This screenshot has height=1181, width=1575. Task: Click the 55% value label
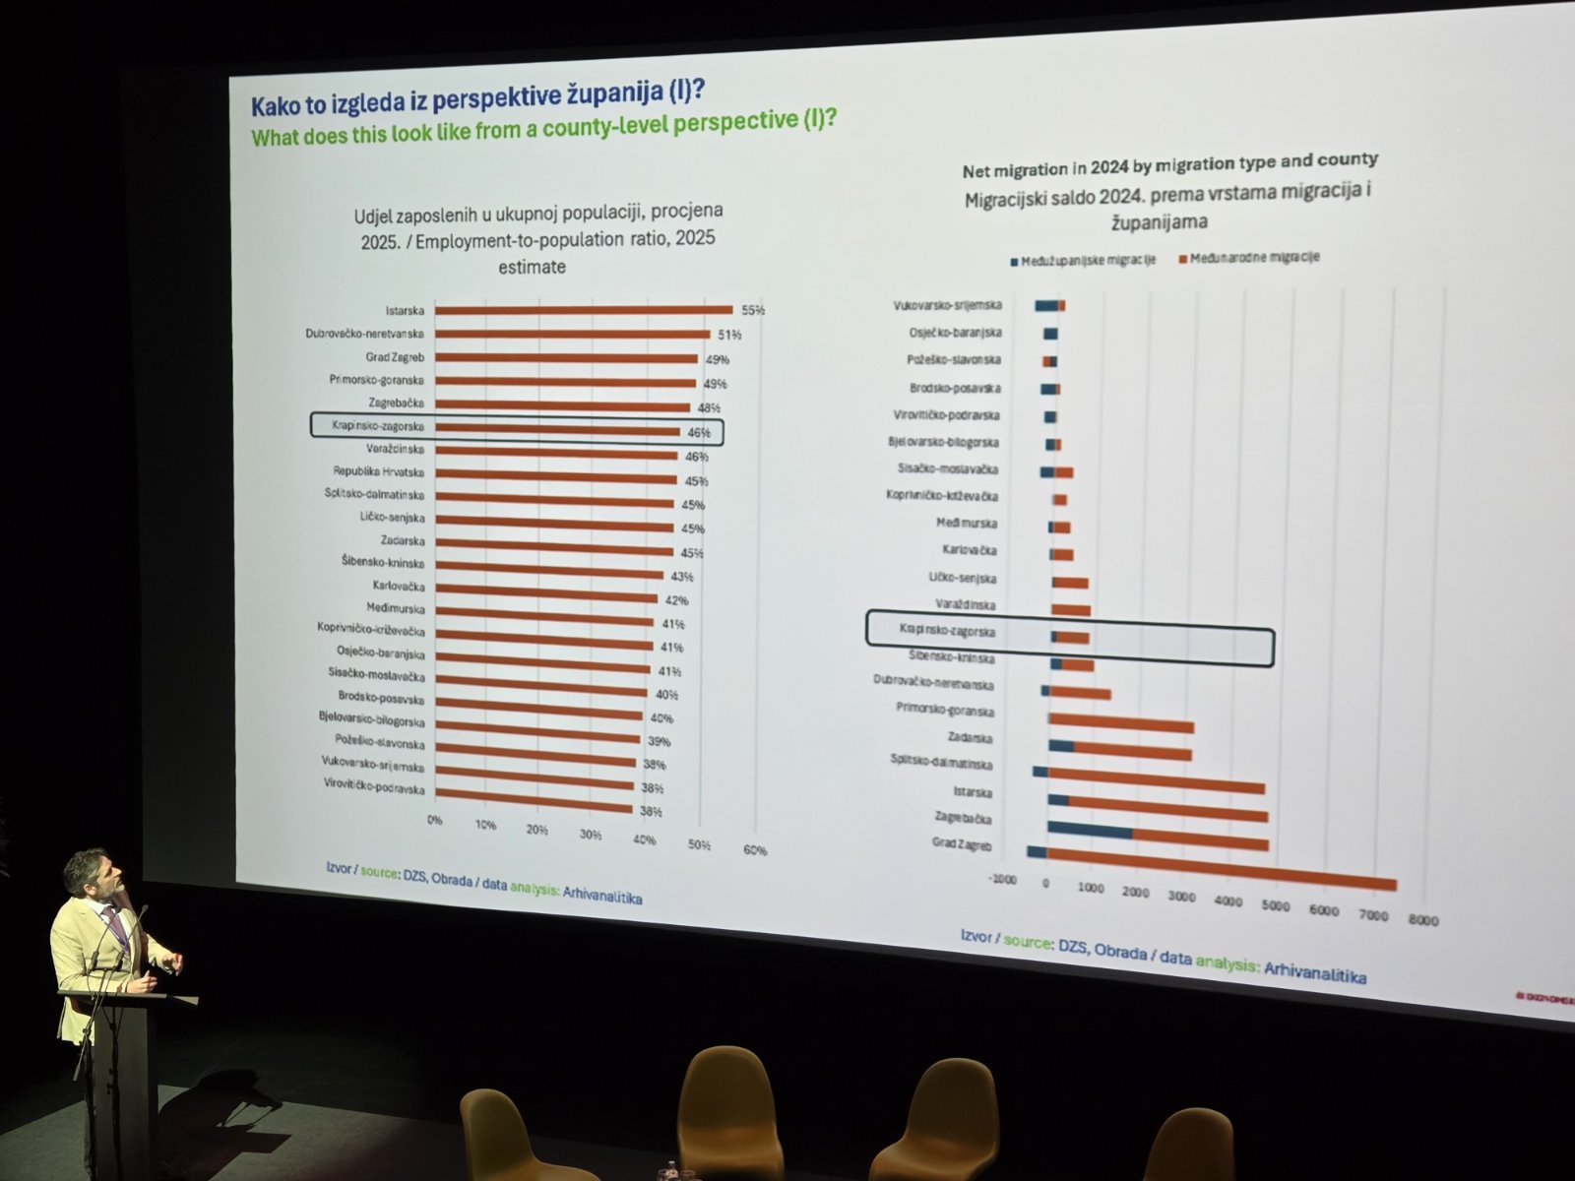click(x=753, y=310)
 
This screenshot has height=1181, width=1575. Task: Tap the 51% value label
click(x=729, y=335)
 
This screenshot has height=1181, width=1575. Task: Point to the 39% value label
click(x=658, y=740)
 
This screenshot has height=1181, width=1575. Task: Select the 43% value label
click(x=682, y=576)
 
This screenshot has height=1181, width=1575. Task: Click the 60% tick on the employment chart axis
click(x=755, y=850)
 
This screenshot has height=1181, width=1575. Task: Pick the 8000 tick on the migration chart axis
click(x=1423, y=921)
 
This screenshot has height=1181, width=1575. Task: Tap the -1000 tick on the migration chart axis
click(x=1003, y=879)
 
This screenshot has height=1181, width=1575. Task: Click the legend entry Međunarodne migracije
click(x=1253, y=258)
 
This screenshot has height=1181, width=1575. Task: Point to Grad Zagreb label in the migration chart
click(x=962, y=845)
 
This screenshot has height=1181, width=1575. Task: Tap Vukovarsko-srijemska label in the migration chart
click(x=947, y=305)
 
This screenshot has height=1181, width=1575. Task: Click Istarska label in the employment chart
click(x=405, y=310)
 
